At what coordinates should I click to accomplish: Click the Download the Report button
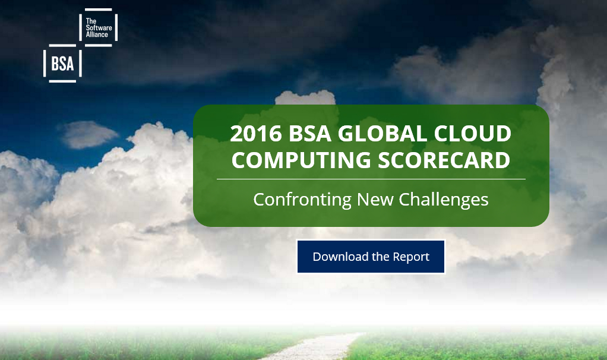click(x=371, y=257)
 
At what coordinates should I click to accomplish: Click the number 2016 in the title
click(x=256, y=134)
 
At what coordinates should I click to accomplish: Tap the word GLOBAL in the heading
click(x=382, y=134)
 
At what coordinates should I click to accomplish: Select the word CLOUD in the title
click(x=473, y=134)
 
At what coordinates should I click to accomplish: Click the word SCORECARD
click(x=444, y=160)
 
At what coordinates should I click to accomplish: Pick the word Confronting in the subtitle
click(x=302, y=200)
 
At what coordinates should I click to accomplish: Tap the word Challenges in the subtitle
click(x=444, y=200)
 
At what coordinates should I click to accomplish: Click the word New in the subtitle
click(x=375, y=200)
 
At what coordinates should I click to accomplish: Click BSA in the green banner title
click(x=309, y=134)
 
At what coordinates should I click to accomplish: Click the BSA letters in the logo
click(x=62, y=64)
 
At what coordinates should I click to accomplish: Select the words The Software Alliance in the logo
click(x=99, y=28)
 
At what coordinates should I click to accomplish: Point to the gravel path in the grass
click(x=314, y=347)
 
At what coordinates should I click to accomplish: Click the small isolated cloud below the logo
click(x=88, y=134)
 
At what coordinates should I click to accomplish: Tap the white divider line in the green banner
click(x=371, y=179)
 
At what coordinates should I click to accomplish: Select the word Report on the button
click(x=411, y=257)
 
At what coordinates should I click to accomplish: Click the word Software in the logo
click(x=99, y=28)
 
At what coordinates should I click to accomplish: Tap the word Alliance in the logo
click(x=97, y=34)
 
